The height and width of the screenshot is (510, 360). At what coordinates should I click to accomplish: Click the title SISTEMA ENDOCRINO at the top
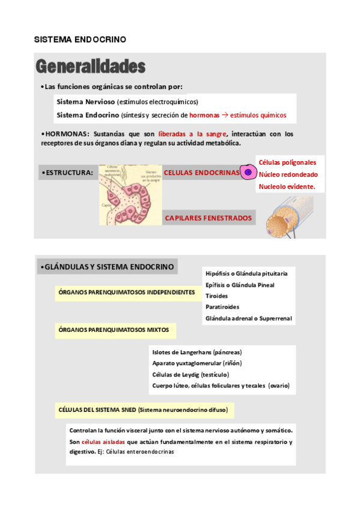coord(80,39)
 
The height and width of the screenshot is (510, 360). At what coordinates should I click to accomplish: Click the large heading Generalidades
coord(90,66)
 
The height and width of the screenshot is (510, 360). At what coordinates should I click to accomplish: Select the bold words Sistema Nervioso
coord(86,102)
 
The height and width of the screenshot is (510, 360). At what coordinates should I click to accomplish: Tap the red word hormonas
coord(204,115)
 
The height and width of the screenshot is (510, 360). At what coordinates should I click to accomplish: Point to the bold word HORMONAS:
coord(67,134)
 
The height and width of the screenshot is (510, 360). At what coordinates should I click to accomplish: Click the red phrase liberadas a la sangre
coord(192,134)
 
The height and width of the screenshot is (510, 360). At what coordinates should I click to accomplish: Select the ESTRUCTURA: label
coord(69,173)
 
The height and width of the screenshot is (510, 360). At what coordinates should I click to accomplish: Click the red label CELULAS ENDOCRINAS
coord(201,173)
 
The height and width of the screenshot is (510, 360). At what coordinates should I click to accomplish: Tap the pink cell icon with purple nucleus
coord(247,173)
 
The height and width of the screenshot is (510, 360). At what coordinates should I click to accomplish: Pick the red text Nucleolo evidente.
coord(287,187)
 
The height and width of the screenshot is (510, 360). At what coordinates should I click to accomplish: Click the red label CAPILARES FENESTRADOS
coord(209,218)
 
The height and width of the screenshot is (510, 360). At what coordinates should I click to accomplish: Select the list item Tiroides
coord(216,296)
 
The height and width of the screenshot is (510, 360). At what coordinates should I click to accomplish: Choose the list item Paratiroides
coord(222,307)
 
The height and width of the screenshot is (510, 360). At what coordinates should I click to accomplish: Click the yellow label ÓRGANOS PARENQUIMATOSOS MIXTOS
coord(114,330)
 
